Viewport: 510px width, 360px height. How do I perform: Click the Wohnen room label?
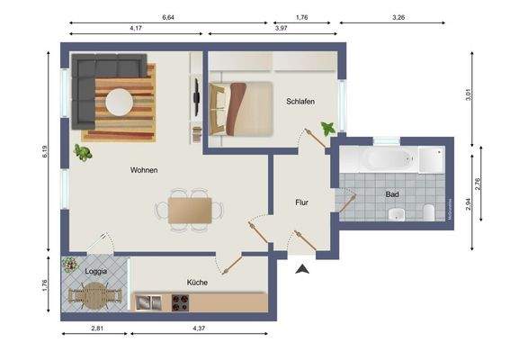click(x=145, y=169)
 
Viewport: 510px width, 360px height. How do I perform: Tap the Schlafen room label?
click(x=300, y=102)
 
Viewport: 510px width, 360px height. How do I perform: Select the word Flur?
click(x=301, y=202)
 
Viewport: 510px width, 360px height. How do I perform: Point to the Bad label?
click(x=392, y=193)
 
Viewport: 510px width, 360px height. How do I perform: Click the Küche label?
click(x=197, y=282)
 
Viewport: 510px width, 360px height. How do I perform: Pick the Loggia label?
click(x=96, y=270)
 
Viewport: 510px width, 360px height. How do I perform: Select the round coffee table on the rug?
click(x=118, y=102)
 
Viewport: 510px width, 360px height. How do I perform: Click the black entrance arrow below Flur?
click(x=302, y=267)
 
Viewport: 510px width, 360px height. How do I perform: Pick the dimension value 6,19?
click(x=45, y=153)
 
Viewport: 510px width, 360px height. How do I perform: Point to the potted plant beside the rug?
click(x=85, y=151)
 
